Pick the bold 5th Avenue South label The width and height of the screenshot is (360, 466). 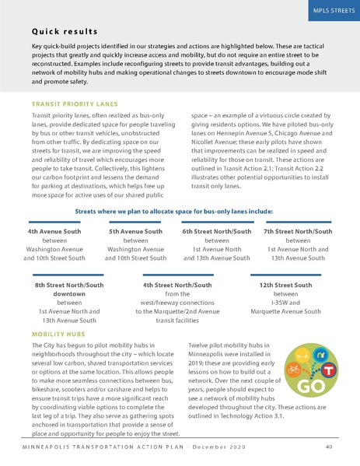pos(135,231)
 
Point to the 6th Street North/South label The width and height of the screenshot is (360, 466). pos(217,231)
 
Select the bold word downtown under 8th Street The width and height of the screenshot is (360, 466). pos(65,294)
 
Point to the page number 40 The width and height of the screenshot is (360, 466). pos(329,447)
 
